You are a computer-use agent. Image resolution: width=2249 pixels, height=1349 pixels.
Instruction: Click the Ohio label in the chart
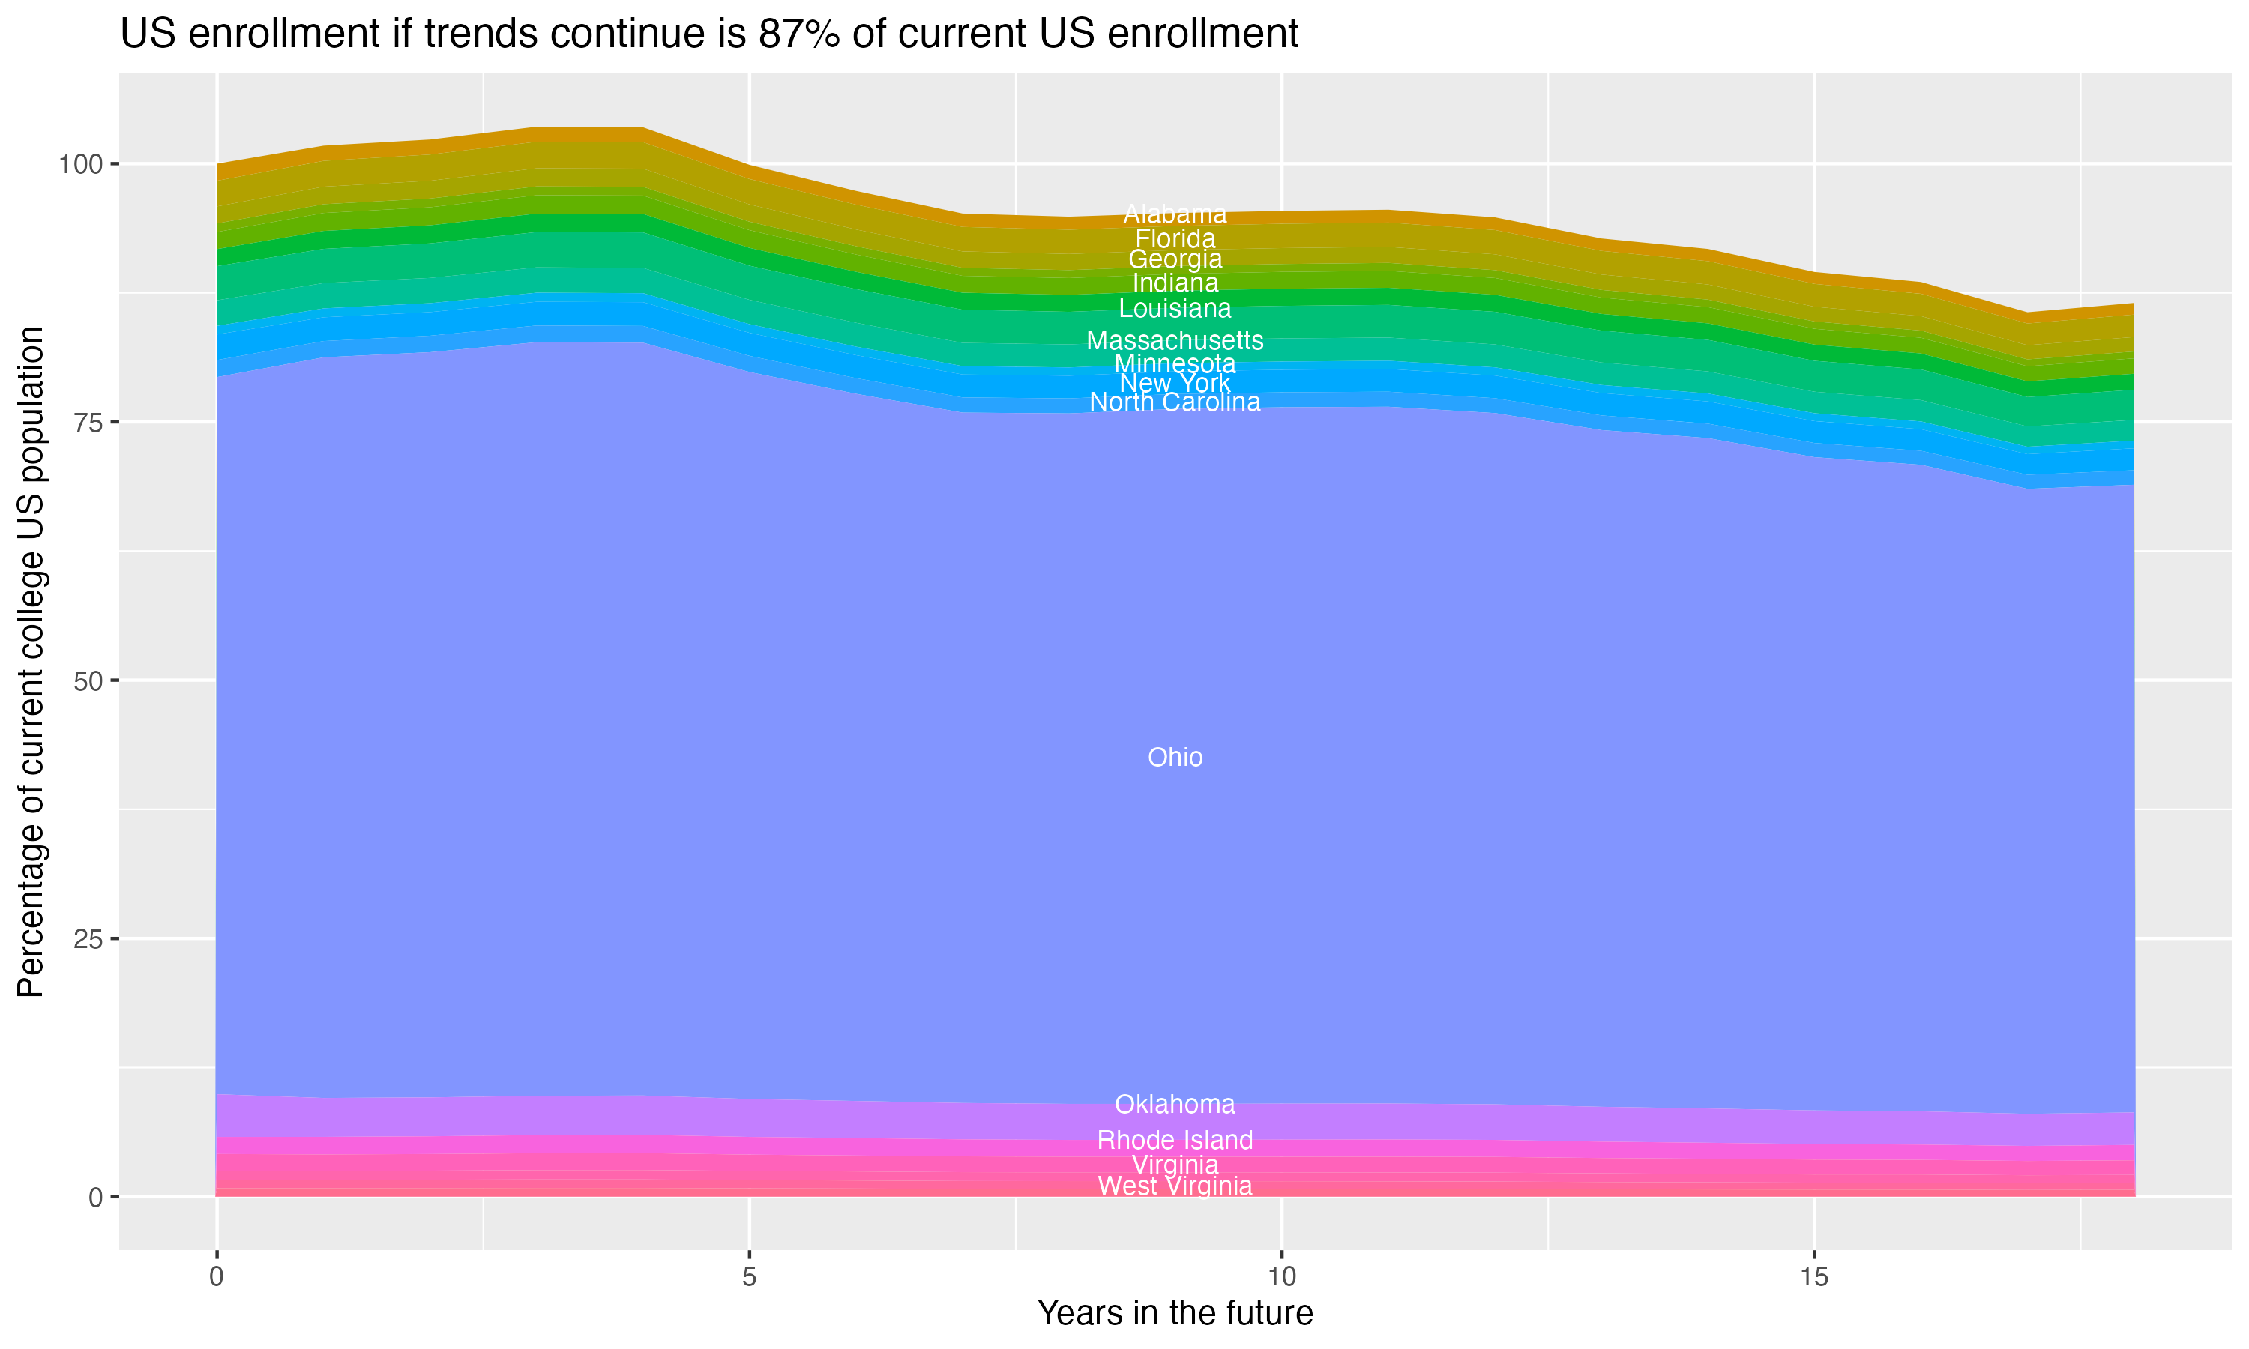pyautogui.click(x=1175, y=757)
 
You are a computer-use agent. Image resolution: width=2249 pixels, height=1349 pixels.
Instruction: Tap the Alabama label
pyautogui.click(x=1175, y=214)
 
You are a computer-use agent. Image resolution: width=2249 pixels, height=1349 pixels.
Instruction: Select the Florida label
pyautogui.click(x=1175, y=239)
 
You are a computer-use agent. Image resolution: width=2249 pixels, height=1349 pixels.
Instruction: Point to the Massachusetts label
pyautogui.click(x=1175, y=341)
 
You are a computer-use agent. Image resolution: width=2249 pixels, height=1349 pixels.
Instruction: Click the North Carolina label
pyautogui.click(x=1175, y=402)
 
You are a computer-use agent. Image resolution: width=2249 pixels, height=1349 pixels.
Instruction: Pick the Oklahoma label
pyautogui.click(x=1175, y=1105)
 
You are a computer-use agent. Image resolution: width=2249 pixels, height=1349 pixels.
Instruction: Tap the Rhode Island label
pyautogui.click(x=1175, y=1140)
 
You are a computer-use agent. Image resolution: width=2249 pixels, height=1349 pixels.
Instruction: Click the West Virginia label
pyautogui.click(x=1175, y=1186)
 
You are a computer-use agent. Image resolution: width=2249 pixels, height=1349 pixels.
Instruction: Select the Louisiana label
pyautogui.click(x=1175, y=308)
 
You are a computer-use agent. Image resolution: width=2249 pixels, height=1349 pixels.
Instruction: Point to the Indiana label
pyautogui.click(x=1175, y=283)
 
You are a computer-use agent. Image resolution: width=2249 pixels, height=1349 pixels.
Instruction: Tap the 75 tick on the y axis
pyautogui.click(x=87, y=423)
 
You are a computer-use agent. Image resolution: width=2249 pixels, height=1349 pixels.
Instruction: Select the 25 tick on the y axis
pyautogui.click(x=87, y=939)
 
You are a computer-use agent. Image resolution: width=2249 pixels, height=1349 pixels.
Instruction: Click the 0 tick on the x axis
pyautogui.click(x=217, y=1277)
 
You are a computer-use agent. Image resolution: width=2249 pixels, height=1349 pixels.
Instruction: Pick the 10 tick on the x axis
pyautogui.click(x=1281, y=1277)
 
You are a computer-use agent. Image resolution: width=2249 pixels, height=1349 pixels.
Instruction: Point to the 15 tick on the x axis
pyautogui.click(x=1813, y=1277)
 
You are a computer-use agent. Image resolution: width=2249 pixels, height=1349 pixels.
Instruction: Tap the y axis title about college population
pyautogui.click(x=31, y=662)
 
